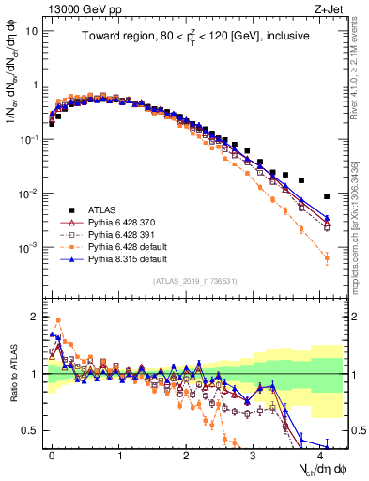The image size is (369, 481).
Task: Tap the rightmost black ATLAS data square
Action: [x=327, y=196]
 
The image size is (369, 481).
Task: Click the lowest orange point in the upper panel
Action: [x=327, y=257]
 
